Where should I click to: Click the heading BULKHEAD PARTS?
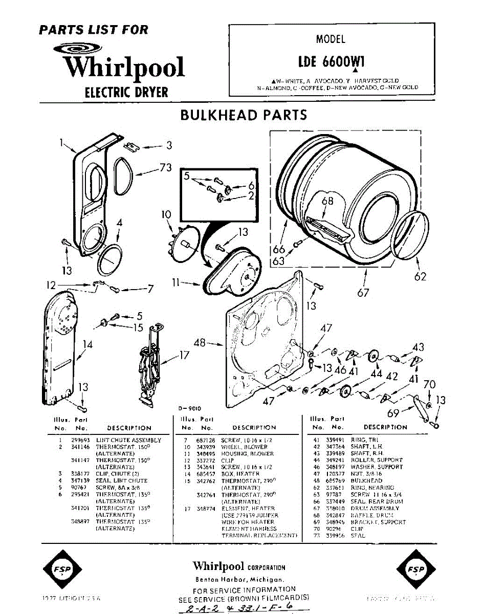tap(244, 115)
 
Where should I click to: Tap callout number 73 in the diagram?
tap(165, 168)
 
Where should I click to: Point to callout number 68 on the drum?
tap(327, 201)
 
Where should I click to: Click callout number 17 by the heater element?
tap(184, 355)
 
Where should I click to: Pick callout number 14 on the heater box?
tap(87, 345)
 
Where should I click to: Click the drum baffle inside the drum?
tap(327, 227)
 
